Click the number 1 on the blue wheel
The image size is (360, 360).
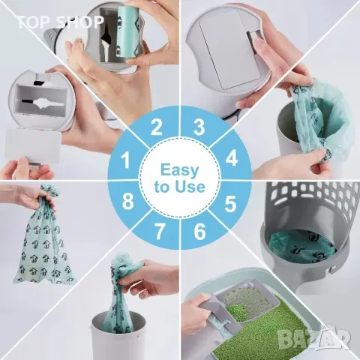[x=125, y=160]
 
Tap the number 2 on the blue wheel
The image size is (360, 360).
[x=157, y=127]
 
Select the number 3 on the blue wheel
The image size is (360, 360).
[x=199, y=127]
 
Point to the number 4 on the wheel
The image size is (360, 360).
[x=232, y=158]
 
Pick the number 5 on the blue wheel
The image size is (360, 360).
[x=230, y=204]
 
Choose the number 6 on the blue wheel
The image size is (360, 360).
[x=199, y=232]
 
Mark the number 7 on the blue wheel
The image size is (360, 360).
[x=160, y=232]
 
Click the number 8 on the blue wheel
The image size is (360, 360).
[x=127, y=202]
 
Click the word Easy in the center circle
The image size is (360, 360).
[x=179, y=171]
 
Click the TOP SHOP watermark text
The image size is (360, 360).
[x=60, y=22]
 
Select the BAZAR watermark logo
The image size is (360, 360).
[x=315, y=339]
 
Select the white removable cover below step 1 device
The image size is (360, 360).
[x=33, y=145]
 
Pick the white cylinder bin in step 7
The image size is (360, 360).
[x=117, y=334]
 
